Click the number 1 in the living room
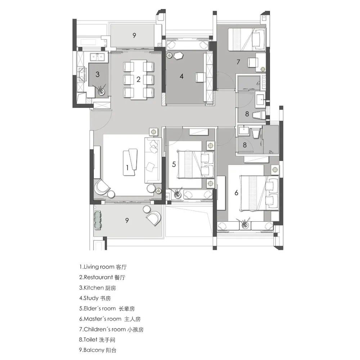click(127, 167)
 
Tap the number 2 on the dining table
click(138, 79)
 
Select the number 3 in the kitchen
click(98, 74)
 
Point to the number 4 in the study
click(181, 76)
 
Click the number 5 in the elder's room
click(174, 164)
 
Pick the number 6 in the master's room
click(237, 193)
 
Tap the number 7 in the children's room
click(238, 62)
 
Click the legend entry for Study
click(95, 298)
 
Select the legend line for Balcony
click(98, 350)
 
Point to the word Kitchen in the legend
click(94, 287)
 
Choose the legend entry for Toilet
click(97, 339)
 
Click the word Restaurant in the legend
click(98, 277)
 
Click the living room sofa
click(152, 160)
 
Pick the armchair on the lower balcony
click(154, 219)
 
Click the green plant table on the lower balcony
click(98, 220)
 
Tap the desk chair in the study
click(201, 77)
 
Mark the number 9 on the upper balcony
click(134, 35)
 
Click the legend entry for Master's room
click(110, 319)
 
